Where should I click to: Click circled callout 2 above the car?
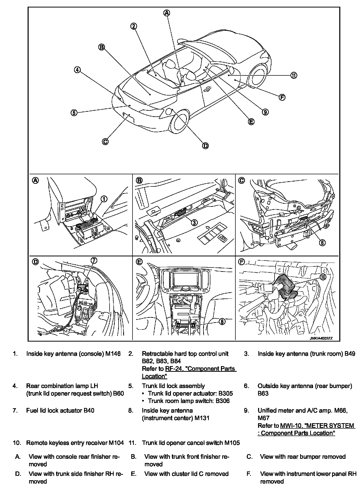(134, 26)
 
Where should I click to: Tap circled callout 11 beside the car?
(294, 75)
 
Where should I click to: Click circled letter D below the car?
(205, 146)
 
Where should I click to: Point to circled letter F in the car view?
(282, 97)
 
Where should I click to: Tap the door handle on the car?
(206, 89)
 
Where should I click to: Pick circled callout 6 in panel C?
(322, 242)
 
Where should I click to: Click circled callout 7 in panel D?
(94, 261)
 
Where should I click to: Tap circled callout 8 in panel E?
(222, 321)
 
